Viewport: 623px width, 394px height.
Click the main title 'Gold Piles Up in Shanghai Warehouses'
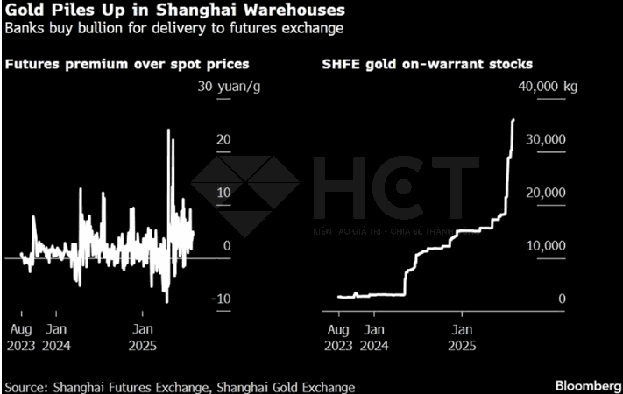pyautogui.click(x=173, y=11)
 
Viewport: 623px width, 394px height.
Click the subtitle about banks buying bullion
pyautogui.click(x=173, y=29)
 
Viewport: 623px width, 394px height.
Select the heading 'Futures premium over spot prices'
pyautogui.click(x=127, y=64)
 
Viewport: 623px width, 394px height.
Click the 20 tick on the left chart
pyautogui.click(x=223, y=139)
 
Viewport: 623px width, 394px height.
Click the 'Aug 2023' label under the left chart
pyautogui.click(x=22, y=337)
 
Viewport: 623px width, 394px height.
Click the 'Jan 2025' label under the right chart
pyautogui.click(x=464, y=337)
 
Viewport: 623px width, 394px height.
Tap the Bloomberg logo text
pyautogui.click(x=585, y=385)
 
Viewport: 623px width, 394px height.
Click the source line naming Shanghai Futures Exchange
pyautogui.click(x=180, y=386)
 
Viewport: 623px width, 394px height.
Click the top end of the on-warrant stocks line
pyautogui.click(x=513, y=120)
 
